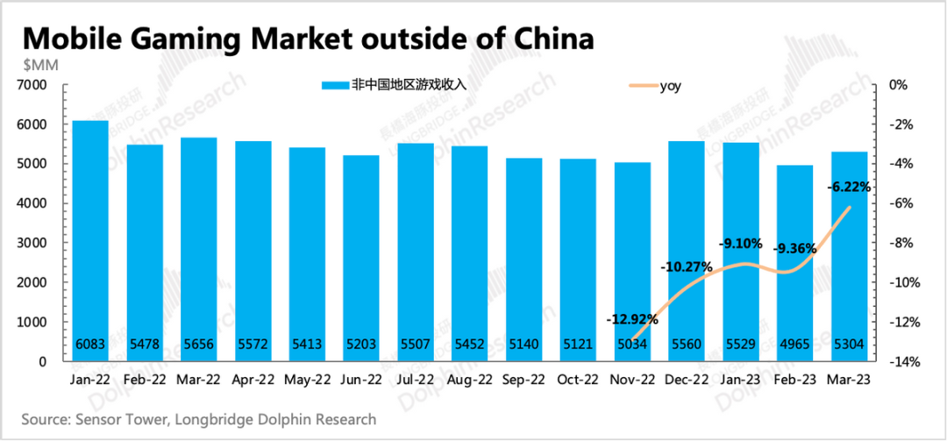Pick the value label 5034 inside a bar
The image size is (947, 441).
point(632,345)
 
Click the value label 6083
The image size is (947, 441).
point(90,345)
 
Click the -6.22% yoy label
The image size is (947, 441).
point(849,187)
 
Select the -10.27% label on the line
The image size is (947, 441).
point(685,267)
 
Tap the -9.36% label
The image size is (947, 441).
point(794,249)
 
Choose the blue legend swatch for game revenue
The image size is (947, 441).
point(335,86)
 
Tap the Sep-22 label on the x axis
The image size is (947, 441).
point(523,381)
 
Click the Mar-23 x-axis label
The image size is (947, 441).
point(849,381)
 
